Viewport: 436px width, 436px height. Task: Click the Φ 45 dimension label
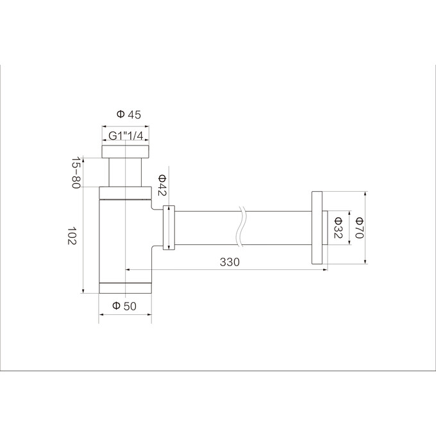coord(129,115)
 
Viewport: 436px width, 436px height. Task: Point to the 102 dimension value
coord(72,237)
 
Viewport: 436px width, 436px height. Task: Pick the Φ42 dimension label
coord(162,187)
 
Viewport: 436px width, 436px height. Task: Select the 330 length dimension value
coord(229,262)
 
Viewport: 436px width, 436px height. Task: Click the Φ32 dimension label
coord(338,227)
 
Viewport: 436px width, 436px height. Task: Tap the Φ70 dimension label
coord(359,227)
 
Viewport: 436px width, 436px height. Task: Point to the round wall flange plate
coord(316,227)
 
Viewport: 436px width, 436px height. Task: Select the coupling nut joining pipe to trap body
coord(169,227)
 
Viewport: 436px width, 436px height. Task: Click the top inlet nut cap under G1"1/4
coord(126,151)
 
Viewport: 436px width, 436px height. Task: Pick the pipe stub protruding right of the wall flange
coord(325,227)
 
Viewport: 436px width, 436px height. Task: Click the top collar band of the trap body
coord(126,192)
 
